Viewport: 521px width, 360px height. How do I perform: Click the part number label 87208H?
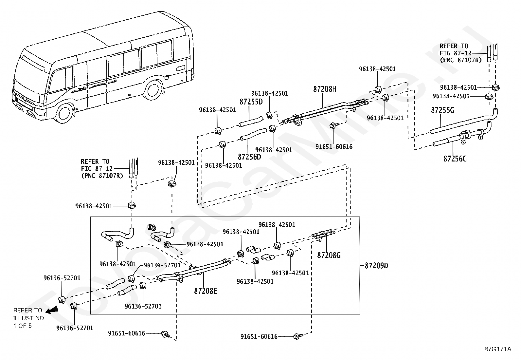325,89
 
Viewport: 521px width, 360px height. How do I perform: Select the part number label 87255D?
251,102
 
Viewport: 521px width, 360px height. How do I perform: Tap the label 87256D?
249,157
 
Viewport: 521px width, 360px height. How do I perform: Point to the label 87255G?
442,110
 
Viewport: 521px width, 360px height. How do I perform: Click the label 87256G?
455,159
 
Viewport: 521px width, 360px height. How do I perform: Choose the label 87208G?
329,256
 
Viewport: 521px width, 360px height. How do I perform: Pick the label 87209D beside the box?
376,265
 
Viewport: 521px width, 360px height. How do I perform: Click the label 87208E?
206,291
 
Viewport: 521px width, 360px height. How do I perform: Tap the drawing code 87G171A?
498,349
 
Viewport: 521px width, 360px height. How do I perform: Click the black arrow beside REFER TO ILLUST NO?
52,310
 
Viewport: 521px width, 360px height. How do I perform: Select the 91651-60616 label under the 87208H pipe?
334,147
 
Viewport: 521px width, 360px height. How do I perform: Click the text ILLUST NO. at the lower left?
29,318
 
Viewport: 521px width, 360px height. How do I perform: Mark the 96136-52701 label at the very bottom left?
75,328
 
